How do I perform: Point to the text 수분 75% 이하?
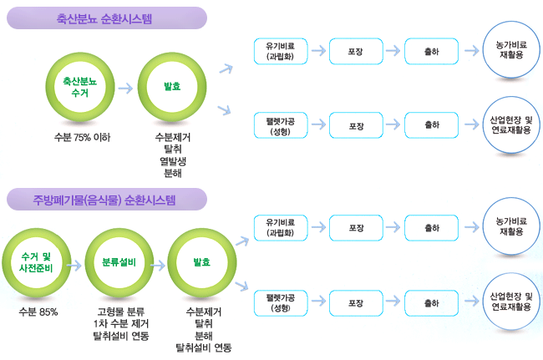coord(82,137)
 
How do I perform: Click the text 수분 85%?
coord(38,312)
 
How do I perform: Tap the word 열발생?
coord(173,161)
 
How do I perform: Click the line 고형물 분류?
coord(121,312)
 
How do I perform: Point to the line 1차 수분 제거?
coord(121,324)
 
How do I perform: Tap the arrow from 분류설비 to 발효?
coord(159,264)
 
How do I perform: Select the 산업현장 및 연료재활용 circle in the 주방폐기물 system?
coord(510,301)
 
